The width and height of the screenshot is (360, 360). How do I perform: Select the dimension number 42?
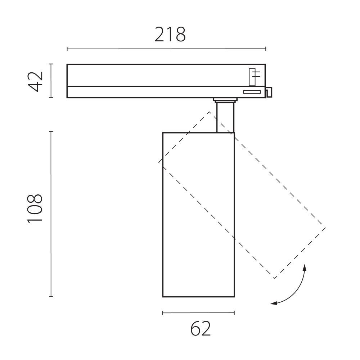pos(36,81)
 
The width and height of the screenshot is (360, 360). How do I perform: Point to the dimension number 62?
pos(201,329)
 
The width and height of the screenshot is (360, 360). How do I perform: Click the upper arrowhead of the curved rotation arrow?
pos(305,267)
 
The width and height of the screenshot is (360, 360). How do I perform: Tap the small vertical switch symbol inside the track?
pos(253,76)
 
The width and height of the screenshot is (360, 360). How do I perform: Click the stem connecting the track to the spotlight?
pos(225,118)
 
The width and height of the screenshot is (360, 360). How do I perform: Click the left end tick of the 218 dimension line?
pos(67,49)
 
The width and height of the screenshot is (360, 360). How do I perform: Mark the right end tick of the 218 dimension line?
pos(266,49)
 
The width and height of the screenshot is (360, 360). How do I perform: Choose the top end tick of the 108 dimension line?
pos(51,132)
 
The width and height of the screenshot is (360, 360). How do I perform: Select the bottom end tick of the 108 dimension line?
pos(51,297)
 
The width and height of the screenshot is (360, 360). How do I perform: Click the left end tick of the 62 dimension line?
pos(163,313)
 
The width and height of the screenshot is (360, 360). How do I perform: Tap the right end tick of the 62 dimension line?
pos(234,313)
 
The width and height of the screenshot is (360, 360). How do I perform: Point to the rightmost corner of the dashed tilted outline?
pos(325,228)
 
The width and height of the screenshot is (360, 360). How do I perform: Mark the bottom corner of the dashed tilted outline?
pos(274,279)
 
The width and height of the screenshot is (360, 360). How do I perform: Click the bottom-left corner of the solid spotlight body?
pos(163,297)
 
